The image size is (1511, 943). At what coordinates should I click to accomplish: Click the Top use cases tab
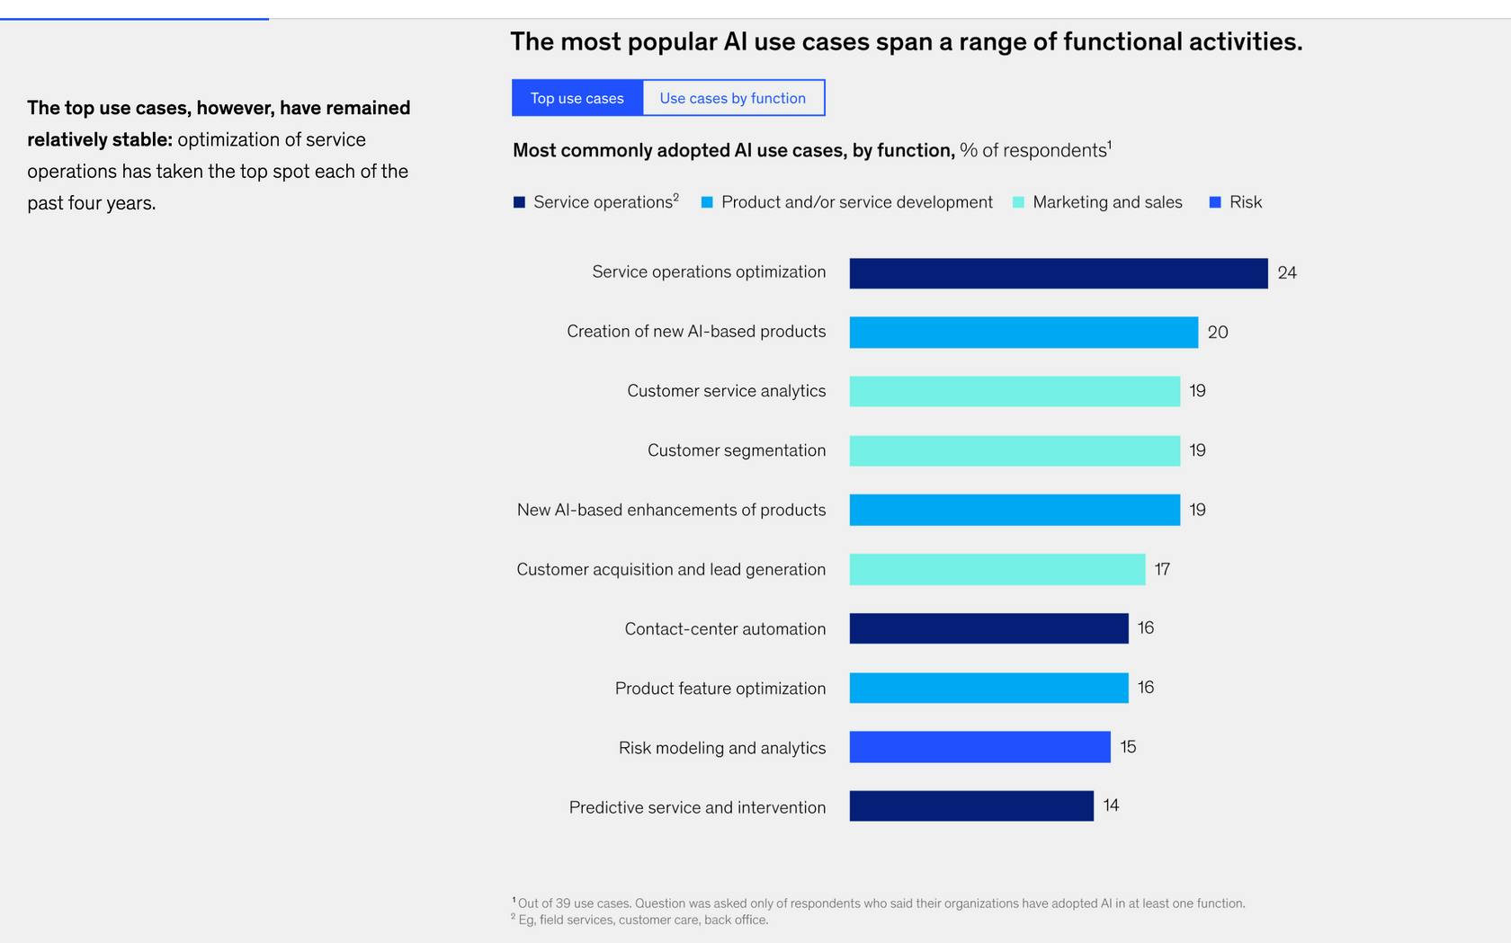(x=577, y=98)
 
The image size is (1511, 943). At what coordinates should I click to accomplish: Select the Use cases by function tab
(x=733, y=98)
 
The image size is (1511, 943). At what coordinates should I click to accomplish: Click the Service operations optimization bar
(x=1058, y=273)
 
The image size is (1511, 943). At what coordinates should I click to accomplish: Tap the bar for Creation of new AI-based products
(x=1023, y=332)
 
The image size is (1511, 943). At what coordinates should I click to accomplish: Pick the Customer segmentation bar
(x=1014, y=450)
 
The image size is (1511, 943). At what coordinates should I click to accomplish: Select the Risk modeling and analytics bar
(x=979, y=747)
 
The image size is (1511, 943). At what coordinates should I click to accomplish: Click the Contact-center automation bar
(x=988, y=628)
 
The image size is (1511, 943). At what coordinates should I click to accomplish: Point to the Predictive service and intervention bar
(x=970, y=805)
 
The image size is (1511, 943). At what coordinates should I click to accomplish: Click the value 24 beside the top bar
(x=1287, y=273)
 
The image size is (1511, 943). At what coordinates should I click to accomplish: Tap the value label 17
(x=1162, y=569)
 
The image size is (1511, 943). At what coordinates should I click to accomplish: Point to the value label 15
(x=1128, y=747)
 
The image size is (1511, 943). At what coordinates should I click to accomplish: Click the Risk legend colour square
(x=1215, y=202)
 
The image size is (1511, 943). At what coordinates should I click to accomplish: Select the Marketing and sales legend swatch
(x=1018, y=202)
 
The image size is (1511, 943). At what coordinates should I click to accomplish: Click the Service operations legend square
(x=519, y=202)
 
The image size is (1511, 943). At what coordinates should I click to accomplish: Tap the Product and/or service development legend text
(x=856, y=202)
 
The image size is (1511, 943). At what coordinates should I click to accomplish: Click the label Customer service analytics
(x=726, y=391)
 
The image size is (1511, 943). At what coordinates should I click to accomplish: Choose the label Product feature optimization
(x=720, y=689)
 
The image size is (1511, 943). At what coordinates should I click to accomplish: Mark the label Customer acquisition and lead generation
(x=670, y=570)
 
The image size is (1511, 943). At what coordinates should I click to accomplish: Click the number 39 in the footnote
(x=563, y=903)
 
